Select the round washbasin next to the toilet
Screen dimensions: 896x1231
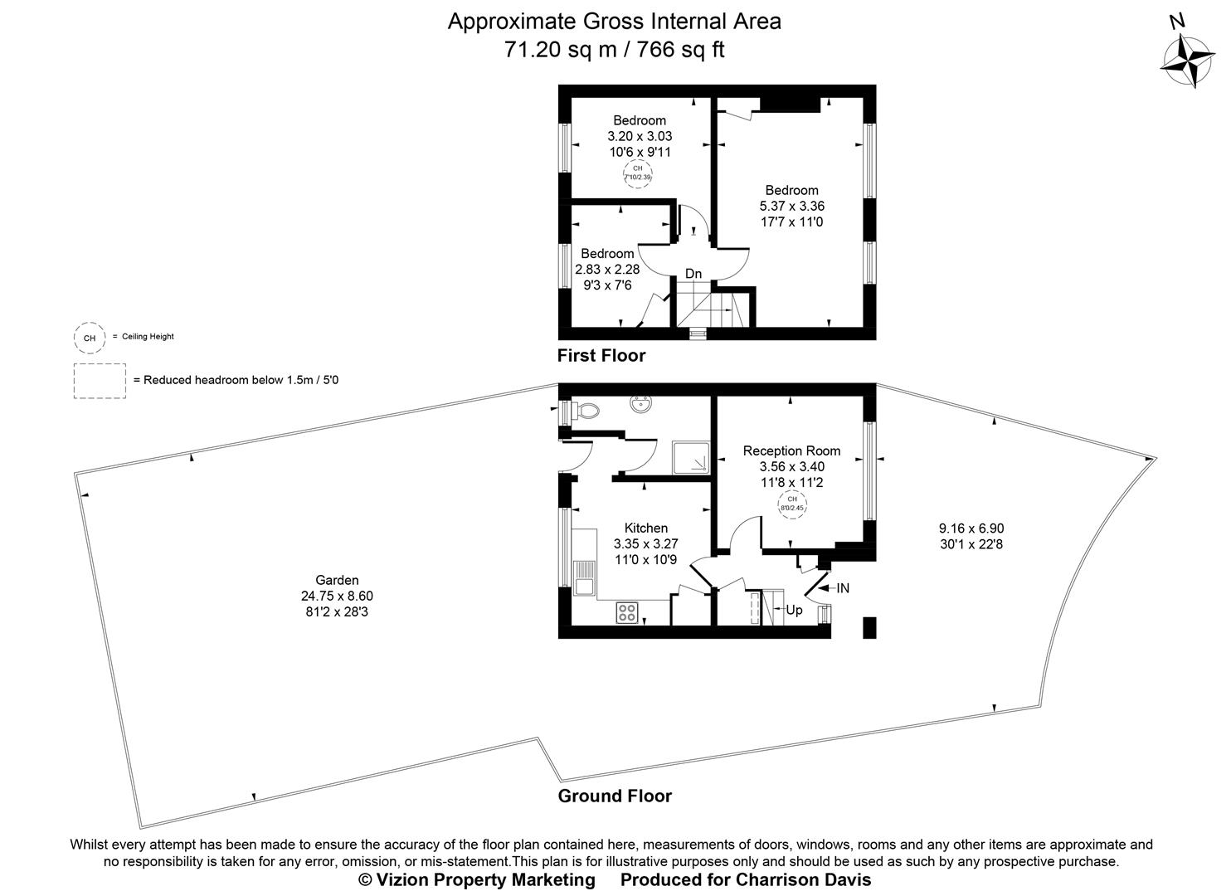tap(640, 407)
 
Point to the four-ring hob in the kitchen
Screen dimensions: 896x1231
tap(626, 613)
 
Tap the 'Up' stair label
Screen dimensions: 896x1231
tap(794, 610)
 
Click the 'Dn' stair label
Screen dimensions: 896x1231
tap(693, 274)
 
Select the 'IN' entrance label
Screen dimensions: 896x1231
tap(843, 588)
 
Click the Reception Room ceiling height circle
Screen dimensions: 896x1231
tap(791, 504)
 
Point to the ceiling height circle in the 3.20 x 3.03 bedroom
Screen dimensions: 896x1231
tap(638, 173)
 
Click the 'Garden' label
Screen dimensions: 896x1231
tap(337, 580)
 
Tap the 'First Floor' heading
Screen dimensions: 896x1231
tap(601, 356)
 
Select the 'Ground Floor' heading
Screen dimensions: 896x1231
tap(614, 796)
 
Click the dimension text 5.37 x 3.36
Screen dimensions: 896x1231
tap(791, 206)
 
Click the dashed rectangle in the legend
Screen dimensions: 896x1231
tap(100, 381)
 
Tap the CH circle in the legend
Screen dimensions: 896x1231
tap(90, 338)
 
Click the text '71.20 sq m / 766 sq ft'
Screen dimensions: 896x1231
tap(614, 50)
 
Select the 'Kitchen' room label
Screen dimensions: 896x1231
tap(645, 528)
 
